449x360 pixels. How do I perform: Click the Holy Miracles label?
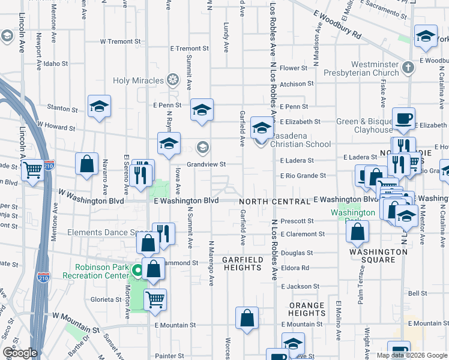pyautogui.click(x=139, y=80)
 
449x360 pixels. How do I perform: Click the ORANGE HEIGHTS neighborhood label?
pyautogui.click(x=307, y=309)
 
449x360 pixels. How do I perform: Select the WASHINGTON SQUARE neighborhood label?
pyautogui.click(x=378, y=256)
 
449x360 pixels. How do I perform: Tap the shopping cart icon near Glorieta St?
pyautogui.click(x=155, y=298)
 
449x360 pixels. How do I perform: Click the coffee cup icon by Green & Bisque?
pyautogui.click(x=403, y=117)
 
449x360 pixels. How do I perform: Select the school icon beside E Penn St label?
pyautogui.click(x=202, y=109)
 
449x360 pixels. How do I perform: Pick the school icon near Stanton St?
pyautogui.click(x=99, y=106)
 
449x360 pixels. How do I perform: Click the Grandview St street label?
pyautogui.click(x=206, y=164)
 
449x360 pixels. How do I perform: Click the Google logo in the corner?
pyautogui.click(x=20, y=353)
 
